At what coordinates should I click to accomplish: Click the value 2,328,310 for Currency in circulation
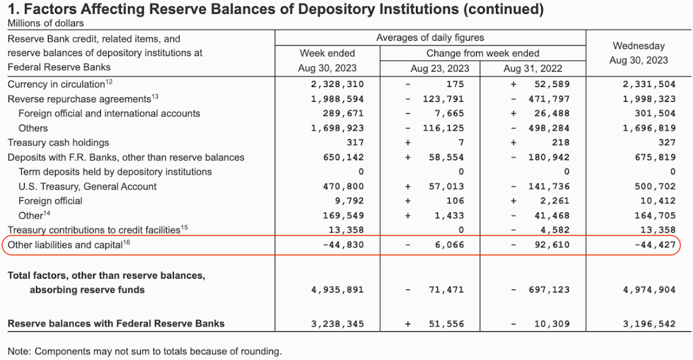click(337, 84)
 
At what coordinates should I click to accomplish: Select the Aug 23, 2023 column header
click(439, 69)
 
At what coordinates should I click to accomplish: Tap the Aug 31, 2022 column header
click(533, 69)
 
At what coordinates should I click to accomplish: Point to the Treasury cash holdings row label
click(58, 143)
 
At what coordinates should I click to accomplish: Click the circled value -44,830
click(343, 245)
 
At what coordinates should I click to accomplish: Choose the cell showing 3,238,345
click(337, 324)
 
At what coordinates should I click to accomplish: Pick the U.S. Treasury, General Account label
click(88, 187)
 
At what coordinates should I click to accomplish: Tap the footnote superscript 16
click(126, 242)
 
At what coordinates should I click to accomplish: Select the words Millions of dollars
click(45, 23)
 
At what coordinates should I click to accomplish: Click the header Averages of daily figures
click(430, 38)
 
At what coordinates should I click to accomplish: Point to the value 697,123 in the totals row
click(549, 290)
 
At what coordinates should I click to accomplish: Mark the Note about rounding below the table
click(144, 351)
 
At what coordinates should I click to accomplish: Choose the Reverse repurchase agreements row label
click(79, 99)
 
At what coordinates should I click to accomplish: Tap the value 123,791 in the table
click(443, 99)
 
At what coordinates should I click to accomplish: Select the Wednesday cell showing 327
click(667, 143)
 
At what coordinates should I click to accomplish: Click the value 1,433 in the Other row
click(449, 216)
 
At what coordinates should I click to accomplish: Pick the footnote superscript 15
click(184, 228)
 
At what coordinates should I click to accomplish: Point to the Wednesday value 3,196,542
click(649, 324)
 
